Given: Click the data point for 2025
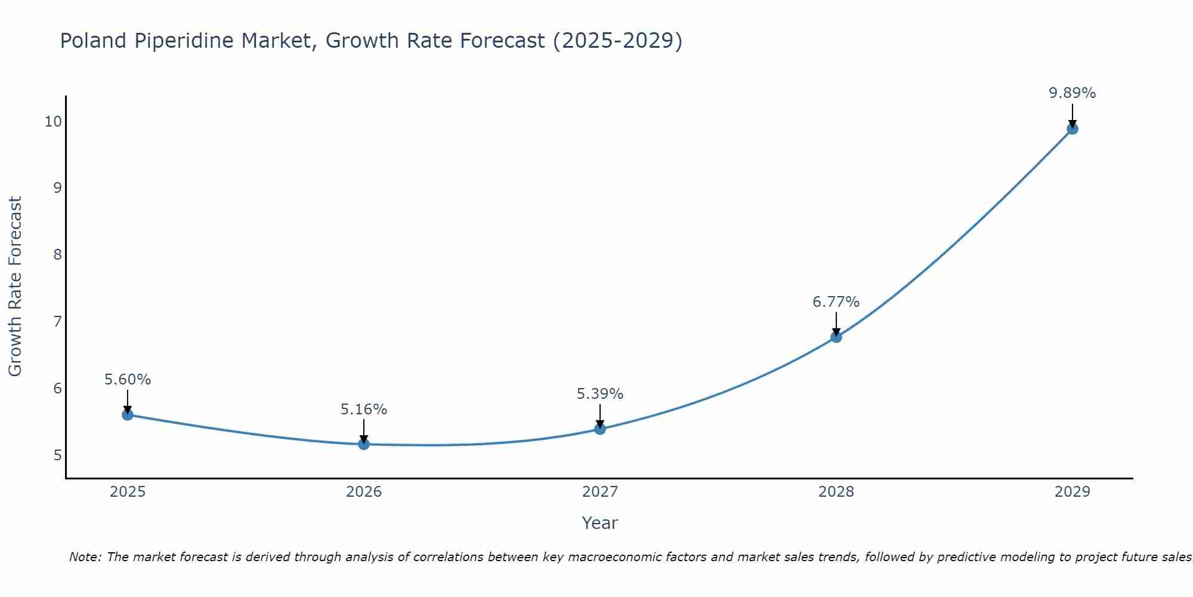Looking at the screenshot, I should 128,414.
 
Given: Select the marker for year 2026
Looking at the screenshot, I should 364,444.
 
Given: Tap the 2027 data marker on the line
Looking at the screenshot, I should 600,429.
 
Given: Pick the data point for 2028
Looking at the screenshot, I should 836,337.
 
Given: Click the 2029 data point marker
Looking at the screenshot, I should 1072,128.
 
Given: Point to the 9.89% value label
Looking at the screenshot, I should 1072,93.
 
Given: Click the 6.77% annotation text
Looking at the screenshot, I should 836,302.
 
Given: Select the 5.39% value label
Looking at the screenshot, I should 599,394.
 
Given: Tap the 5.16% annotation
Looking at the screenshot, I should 364,410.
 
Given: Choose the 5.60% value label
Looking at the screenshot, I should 128,380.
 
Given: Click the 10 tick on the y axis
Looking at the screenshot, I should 53,122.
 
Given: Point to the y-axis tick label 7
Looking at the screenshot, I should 57,322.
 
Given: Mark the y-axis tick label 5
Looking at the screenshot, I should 57,456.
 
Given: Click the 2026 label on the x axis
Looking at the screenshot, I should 364,492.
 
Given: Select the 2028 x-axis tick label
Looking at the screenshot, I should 836,492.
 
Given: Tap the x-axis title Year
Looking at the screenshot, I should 599,523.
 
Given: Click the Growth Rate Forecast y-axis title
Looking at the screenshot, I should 16,287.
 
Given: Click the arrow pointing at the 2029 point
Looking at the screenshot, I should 1072,115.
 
